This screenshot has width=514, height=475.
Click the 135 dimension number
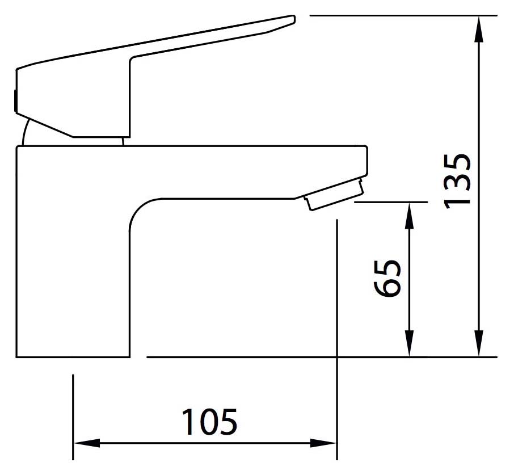coord(457,181)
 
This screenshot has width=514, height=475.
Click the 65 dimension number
coord(387,278)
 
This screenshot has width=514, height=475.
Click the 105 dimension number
coord(209,422)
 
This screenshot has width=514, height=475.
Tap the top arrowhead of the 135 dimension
coord(479,30)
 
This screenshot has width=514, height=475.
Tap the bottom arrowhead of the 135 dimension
coord(479,343)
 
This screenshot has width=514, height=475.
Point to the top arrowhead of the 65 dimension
coord(409,216)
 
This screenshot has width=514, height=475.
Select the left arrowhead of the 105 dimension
coord(87,443)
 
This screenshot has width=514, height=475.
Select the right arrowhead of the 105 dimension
coord(323,443)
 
